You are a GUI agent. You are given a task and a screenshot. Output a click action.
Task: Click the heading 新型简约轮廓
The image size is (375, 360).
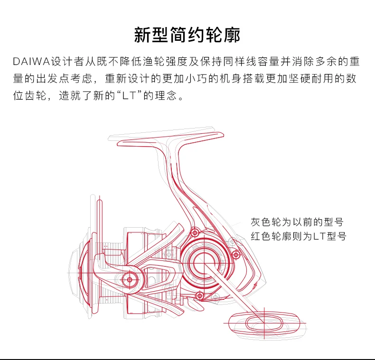[187, 35]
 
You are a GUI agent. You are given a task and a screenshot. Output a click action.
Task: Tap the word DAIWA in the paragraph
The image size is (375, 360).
[31, 62]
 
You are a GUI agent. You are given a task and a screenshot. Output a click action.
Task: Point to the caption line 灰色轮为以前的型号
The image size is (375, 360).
[297, 222]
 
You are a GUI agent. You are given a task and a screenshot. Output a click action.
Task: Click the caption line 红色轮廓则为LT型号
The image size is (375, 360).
[299, 236]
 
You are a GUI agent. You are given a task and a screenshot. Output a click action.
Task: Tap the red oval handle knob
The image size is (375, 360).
[264, 323]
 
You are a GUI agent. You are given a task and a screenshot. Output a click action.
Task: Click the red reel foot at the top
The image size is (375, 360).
[170, 139]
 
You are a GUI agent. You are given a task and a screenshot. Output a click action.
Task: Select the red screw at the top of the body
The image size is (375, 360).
[195, 232]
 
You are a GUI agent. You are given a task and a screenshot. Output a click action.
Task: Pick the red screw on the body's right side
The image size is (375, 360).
[236, 255]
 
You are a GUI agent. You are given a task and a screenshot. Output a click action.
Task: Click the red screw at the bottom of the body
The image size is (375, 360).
[200, 296]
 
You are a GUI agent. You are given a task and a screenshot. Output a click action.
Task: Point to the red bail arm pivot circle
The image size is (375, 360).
[130, 280]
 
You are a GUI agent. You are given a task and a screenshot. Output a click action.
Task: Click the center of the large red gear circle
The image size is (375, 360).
[204, 263]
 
